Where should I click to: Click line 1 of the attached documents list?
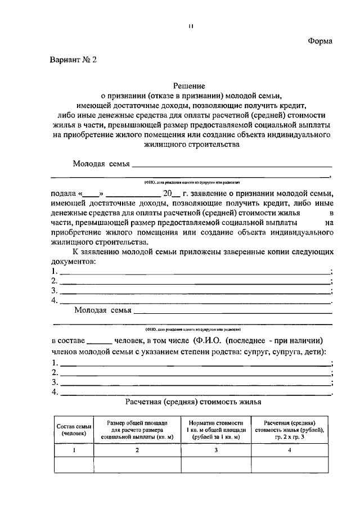click(x=195, y=272)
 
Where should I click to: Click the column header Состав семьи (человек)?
click(x=74, y=430)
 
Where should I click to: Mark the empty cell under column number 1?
click(x=74, y=465)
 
